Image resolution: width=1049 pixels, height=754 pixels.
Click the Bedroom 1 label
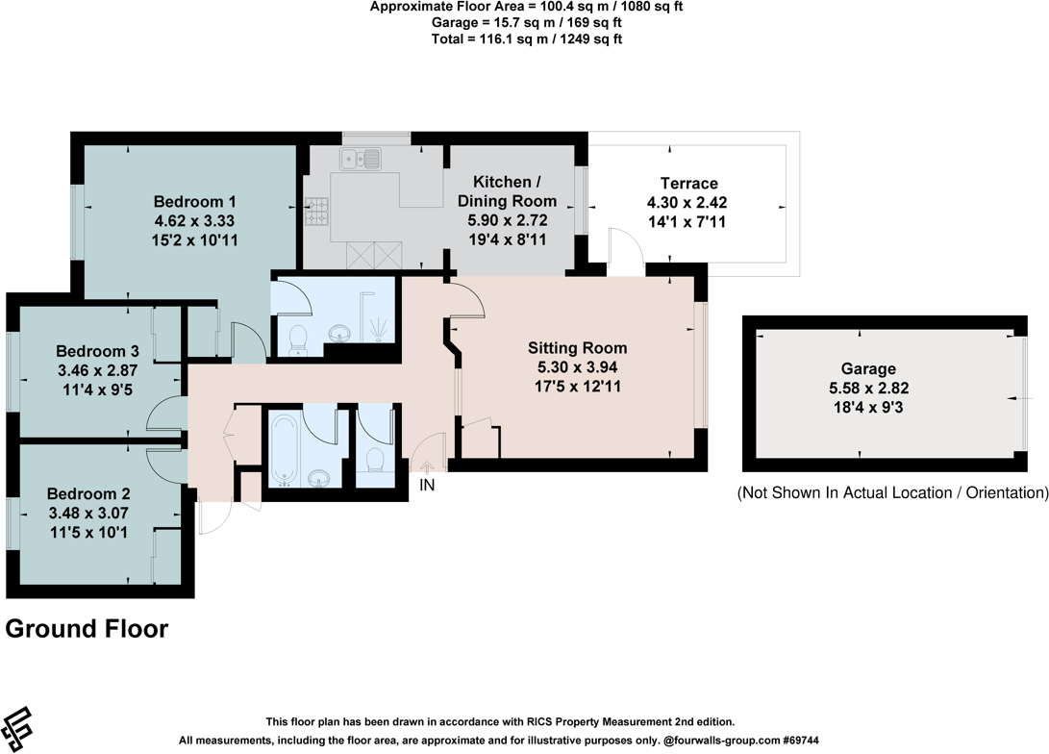pos(195,202)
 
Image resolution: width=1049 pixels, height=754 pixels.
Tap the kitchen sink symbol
pos(361,159)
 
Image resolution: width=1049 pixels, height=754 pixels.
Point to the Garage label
pos(868,368)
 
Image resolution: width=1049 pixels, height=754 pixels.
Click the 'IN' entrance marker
pos(427,486)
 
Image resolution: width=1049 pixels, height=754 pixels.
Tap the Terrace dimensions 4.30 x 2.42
pos(688,203)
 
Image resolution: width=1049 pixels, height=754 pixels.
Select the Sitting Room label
pos(577,348)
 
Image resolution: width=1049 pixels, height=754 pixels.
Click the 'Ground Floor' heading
pos(87,629)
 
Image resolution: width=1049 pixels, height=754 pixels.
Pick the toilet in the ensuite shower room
pos(298,338)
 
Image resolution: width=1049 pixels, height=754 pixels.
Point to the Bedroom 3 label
pos(90,351)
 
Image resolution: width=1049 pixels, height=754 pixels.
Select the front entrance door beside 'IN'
pos(431,450)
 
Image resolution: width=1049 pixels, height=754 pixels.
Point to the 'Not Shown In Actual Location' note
pos(891,492)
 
